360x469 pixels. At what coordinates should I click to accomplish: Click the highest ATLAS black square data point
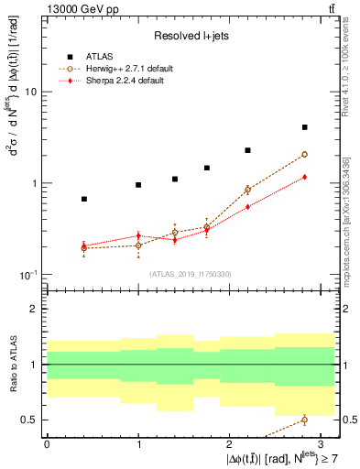coord(304,127)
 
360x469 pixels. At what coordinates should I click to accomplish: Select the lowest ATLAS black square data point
coord(84,199)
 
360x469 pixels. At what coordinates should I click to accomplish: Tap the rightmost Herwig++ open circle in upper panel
coord(304,155)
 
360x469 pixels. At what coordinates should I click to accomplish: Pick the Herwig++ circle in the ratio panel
coord(304,420)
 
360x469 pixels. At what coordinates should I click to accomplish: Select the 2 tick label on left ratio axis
coord(35,310)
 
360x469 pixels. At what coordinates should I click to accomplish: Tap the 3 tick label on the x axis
coord(322,442)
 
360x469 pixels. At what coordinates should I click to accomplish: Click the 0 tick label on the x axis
coord(47,442)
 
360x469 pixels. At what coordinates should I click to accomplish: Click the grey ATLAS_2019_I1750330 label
coord(191,274)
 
